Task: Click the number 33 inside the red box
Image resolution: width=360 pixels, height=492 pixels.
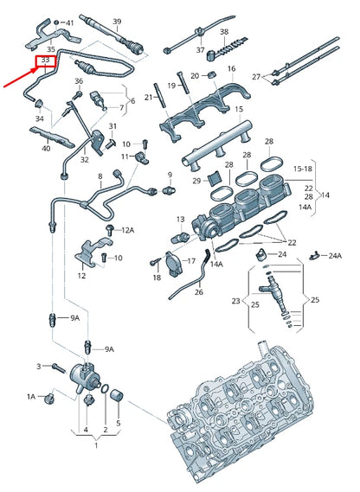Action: pyautogui.click(x=45, y=61)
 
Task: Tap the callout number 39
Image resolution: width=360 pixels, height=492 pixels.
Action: pyautogui.click(x=117, y=21)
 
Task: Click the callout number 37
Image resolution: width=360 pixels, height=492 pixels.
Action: pyautogui.click(x=200, y=50)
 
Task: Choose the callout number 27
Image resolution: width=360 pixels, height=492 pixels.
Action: pyautogui.click(x=255, y=77)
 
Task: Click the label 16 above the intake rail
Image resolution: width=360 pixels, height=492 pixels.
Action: pyautogui.click(x=232, y=68)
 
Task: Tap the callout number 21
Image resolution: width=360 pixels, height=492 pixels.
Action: pyautogui.click(x=148, y=98)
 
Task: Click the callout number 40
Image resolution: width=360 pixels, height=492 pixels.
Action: pyautogui.click(x=46, y=148)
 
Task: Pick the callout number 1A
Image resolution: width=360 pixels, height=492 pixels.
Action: pyautogui.click(x=30, y=396)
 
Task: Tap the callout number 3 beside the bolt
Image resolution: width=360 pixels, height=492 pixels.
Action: pyautogui.click(x=39, y=367)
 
